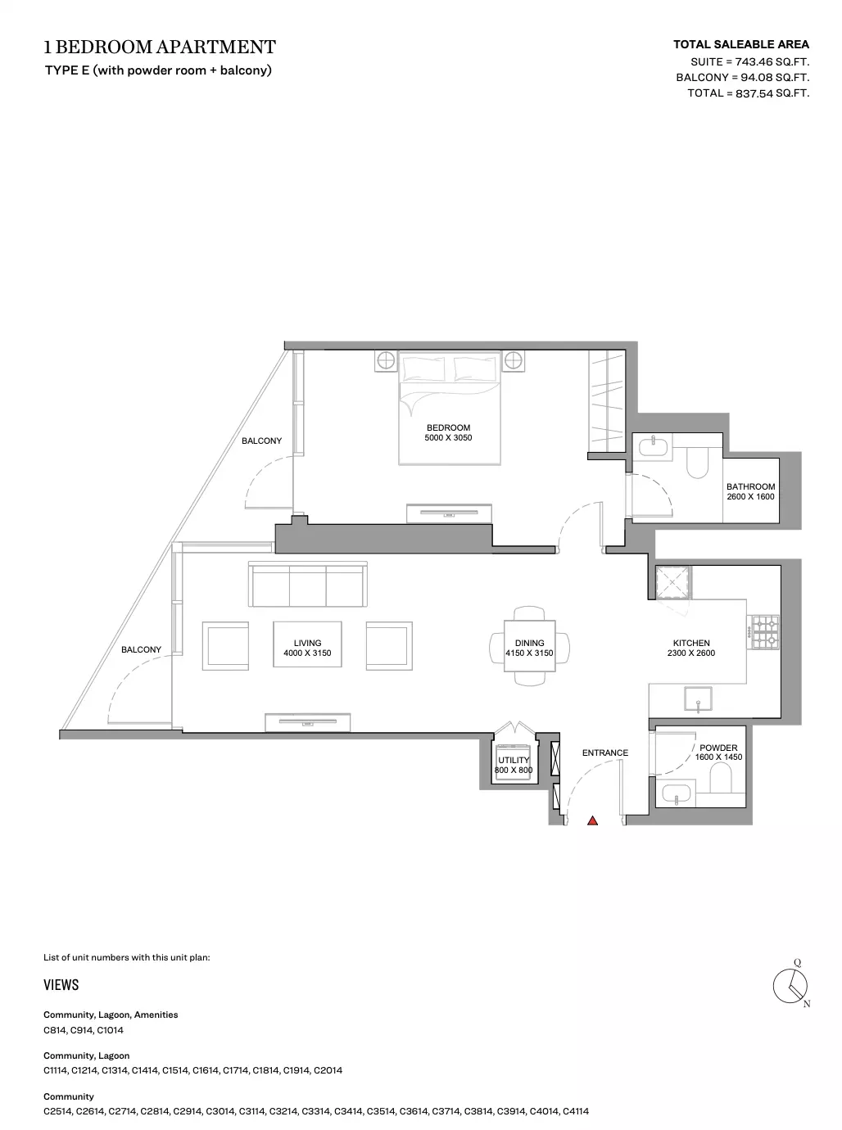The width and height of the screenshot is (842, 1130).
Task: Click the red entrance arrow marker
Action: (592, 820)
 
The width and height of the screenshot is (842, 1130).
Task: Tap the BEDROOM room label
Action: (449, 427)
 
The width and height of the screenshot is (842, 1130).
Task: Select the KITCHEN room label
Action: (691, 643)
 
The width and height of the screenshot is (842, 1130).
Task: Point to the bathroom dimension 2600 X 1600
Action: (751, 497)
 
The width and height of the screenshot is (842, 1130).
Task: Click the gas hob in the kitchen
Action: (763, 632)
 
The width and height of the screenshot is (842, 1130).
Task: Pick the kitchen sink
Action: (699, 698)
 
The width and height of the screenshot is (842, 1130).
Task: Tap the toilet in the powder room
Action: (721, 780)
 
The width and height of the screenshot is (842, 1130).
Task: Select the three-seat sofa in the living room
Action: (308, 584)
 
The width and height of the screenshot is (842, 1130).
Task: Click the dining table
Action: (530, 646)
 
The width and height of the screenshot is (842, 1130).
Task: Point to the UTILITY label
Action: (514, 760)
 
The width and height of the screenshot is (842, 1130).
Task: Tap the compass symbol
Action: (791, 985)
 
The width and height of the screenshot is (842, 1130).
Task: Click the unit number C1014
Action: (110, 1030)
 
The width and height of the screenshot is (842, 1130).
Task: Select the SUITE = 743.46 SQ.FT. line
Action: (749, 62)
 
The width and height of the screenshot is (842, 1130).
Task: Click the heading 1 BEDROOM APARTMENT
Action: (160, 47)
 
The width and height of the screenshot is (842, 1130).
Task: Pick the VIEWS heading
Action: (61, 985)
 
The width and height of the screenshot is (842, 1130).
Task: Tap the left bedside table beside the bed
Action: (386, 361)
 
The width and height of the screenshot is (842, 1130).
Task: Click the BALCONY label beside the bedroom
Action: (261, 441)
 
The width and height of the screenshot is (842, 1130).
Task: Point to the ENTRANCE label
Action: (605, 753)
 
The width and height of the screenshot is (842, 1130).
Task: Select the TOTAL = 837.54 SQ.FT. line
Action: (749, 93)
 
